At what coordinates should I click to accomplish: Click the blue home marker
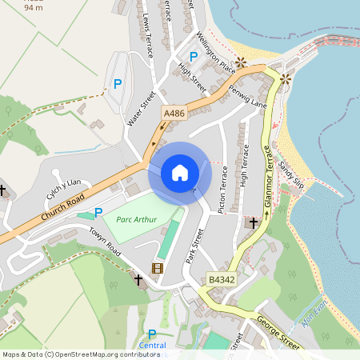click(180, 173)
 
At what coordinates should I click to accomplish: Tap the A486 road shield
click(174, 114)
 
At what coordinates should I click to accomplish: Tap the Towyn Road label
click(104, 239)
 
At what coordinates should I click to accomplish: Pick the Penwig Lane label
click(247, 95)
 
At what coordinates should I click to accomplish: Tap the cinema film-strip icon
click(158, 269)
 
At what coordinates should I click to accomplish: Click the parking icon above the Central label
click(151, 334)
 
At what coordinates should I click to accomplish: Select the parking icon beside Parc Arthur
click(98, 212)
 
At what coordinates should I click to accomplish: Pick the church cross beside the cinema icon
click(138, 280)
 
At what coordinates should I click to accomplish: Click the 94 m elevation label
click(34, 7)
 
